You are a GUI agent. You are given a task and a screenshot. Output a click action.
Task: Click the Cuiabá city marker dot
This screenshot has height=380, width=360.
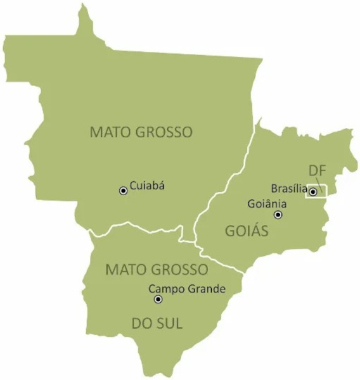[x=124, y=190]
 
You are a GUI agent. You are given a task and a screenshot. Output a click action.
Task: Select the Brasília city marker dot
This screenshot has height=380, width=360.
[x=312, y=192]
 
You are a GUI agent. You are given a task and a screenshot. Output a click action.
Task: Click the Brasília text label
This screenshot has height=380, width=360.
[x=289, y=188]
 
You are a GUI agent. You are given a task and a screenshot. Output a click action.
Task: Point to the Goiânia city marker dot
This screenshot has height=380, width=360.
[x=278, y=215]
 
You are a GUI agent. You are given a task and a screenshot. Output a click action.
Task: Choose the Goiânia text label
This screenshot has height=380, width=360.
[x=267, y=204]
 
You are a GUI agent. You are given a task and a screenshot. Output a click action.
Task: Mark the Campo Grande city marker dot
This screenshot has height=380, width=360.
[x=158, y=299]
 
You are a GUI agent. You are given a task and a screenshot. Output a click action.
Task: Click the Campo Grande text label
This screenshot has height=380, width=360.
[x=187, y=289]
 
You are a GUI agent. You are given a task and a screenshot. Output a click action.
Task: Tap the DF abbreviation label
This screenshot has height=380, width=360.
[x=318, y=171]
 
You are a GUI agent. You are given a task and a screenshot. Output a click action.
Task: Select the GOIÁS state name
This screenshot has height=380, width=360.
[x=247, y=231]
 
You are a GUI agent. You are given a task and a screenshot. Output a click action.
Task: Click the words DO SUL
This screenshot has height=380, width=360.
[x=157, y=324]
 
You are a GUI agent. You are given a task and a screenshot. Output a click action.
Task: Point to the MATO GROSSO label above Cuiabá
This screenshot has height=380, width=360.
[x=141, y=132]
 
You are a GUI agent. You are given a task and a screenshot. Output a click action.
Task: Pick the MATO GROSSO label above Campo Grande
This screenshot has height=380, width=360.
[x=157, y=269]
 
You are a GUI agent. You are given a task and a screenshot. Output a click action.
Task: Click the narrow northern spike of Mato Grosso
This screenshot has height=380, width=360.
[x=82, y=19]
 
